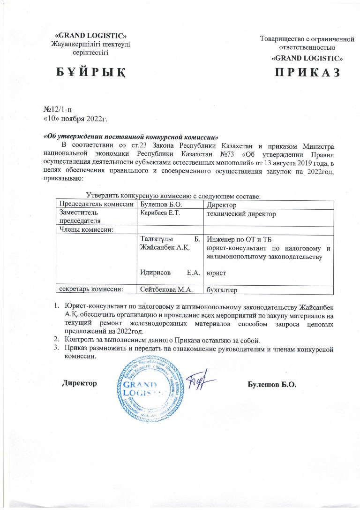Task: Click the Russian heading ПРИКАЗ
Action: (307, 73)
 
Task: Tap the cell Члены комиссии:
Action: (80, 229)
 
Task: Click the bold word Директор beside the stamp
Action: (80, 383)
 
